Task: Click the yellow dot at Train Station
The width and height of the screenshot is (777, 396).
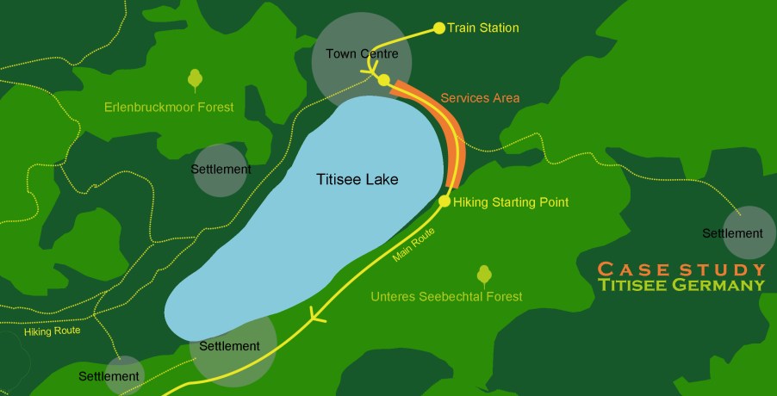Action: tap(439, 28)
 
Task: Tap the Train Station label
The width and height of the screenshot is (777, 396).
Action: tap(483, 28)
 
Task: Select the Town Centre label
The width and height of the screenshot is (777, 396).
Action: tap(362, 53)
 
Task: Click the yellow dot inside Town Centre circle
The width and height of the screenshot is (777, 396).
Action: tap(383, 80)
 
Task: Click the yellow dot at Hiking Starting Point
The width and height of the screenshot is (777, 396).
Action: tap(444, 201)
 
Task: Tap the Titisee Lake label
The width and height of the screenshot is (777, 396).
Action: tap(356, 179)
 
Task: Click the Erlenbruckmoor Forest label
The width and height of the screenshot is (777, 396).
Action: tap(169, 108)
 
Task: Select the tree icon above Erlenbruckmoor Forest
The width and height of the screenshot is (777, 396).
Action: tap(196, 80)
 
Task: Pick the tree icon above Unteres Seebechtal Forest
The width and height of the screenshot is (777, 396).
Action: tap(484, 275)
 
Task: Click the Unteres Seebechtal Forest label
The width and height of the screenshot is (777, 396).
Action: tap(446, 297)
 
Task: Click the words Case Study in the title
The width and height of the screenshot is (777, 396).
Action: tap(681, 268)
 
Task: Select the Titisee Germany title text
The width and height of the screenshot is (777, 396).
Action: tap(681, 284)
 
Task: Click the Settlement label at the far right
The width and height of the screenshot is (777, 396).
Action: tap(732, 233)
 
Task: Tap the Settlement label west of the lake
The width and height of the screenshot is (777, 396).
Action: tap(221, 170)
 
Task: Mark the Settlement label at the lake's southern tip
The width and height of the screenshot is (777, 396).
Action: tap(229, 346)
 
